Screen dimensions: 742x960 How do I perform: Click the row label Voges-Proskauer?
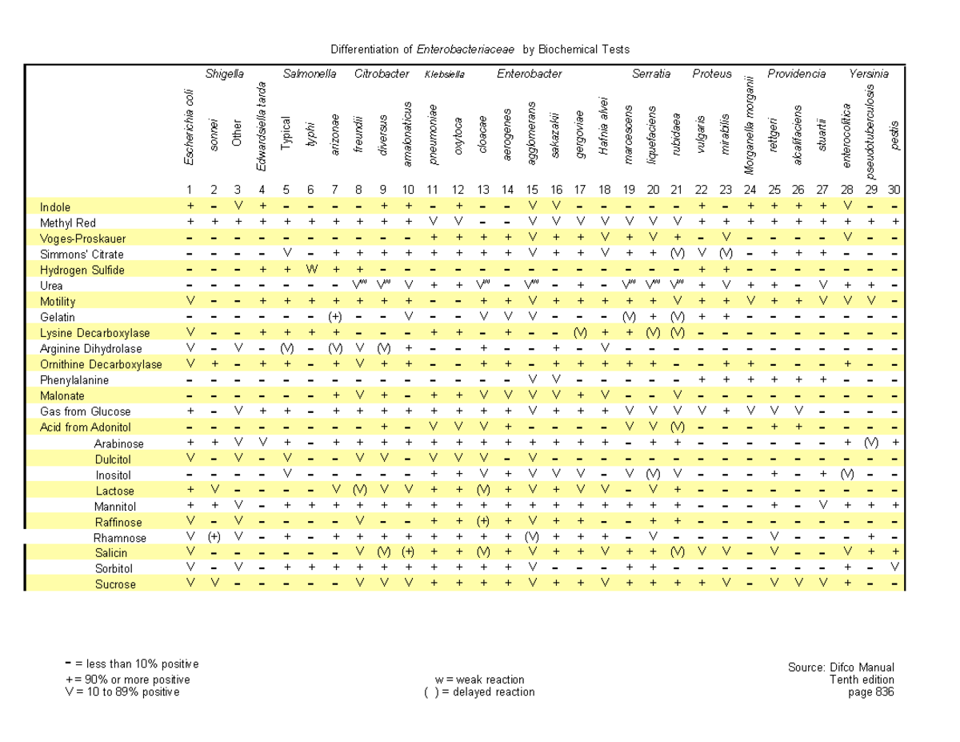(x=82, y=239)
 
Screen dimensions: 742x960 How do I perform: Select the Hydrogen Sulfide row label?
(x=82, y=270)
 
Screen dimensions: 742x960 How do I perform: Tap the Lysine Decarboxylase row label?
(x=94, y=333)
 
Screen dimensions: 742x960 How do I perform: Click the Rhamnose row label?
(x=119, y=537)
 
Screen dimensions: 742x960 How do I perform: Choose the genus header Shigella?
(x=224, y=74)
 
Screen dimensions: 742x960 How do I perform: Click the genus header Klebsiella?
(x=444, y=74)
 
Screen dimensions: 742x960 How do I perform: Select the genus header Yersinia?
(x=868, y=74)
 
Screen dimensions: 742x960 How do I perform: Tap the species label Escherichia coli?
(x=190, y=127)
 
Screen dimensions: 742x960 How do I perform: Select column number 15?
(x=532, y=190)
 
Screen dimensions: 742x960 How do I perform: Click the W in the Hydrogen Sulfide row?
(x=310, y=270)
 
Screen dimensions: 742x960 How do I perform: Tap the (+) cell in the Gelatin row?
(x=335, y=317)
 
